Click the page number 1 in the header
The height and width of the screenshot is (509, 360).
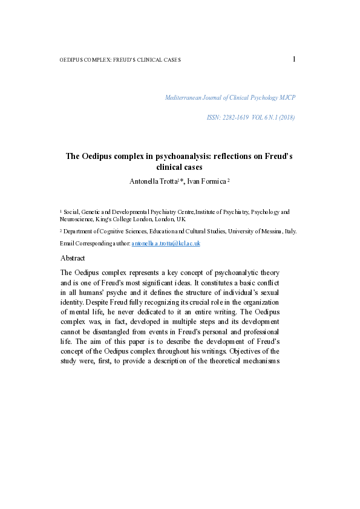294,59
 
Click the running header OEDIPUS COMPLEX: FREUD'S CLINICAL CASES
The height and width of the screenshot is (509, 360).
120,60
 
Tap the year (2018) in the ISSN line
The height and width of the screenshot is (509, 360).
286,117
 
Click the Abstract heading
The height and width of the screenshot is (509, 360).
73,258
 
